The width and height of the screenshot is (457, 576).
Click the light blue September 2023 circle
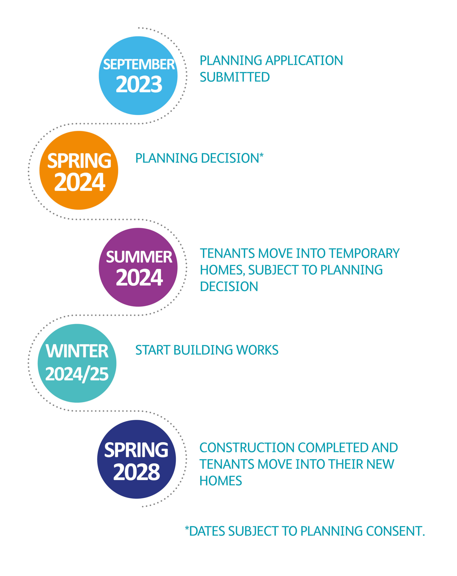[x=138, y=76]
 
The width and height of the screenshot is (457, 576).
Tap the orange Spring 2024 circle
[x=78, y=170]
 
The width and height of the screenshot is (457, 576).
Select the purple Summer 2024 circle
[x=138, y=267]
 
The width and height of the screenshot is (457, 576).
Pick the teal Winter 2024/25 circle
[x=77, y=363]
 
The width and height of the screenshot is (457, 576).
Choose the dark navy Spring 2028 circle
[x=136, y=459]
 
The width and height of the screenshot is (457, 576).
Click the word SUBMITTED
[x=235, y=77]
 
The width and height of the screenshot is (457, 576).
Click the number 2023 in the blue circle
[x=139, y=84]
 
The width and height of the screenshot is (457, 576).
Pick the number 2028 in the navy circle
[x=137, y=472]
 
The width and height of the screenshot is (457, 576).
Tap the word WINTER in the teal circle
[x=77, y=351]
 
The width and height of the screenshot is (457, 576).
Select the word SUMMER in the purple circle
[x=139, y=257]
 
